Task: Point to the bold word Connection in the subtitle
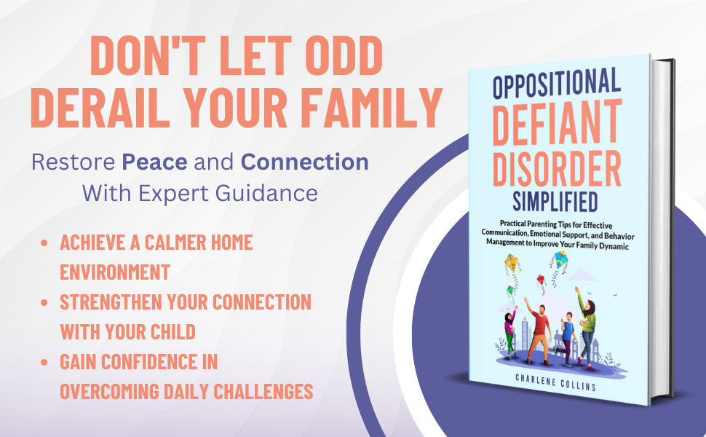[x=304, y=162]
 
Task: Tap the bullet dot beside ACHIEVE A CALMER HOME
[x=45, y=243]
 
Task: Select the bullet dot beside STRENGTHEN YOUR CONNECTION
[x=45, y=302]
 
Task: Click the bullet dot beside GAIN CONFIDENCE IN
[x=45, y=361]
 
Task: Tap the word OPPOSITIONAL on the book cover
[x=557, y=87]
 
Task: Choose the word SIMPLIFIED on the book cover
[x=555, y=199]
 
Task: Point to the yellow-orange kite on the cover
[x=512, y=261]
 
